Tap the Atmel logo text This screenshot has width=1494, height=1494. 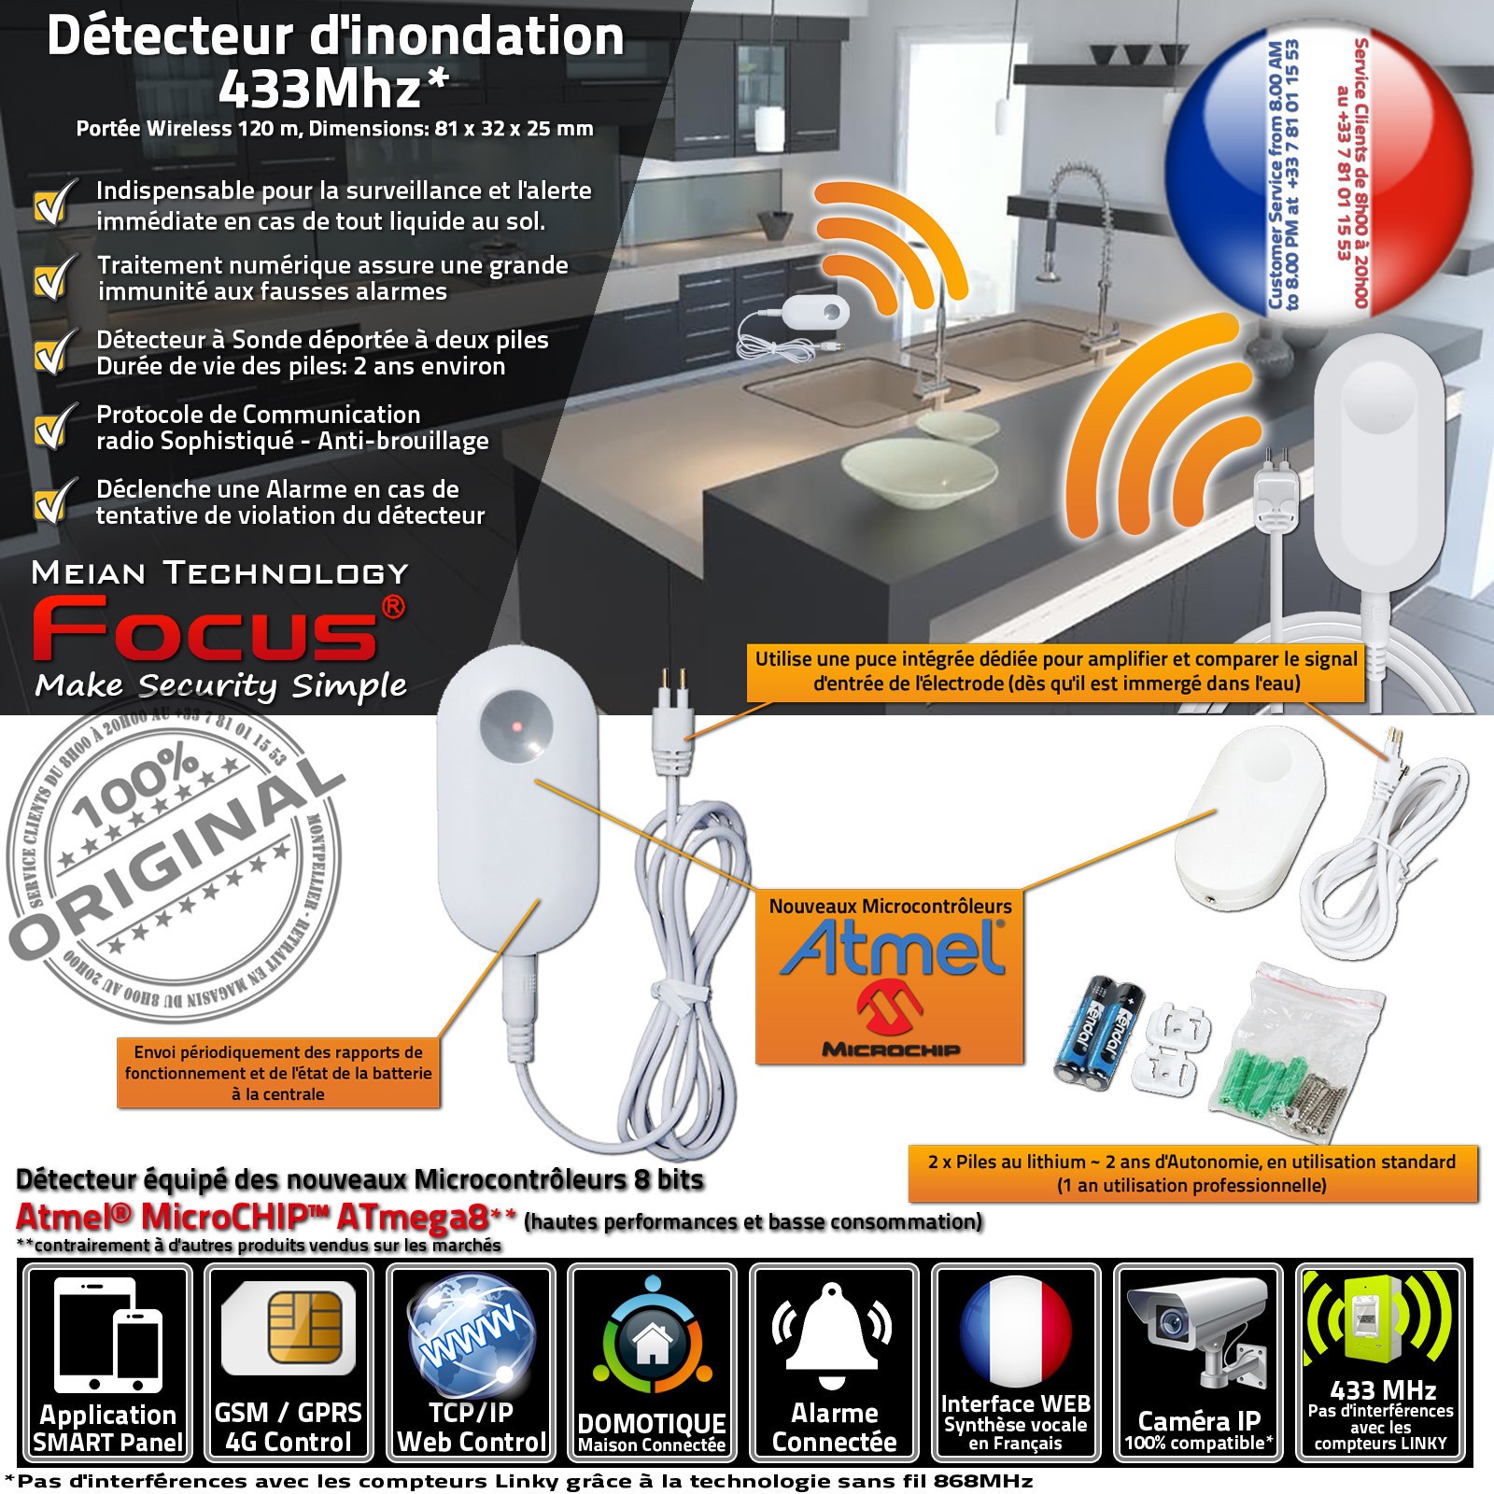pos(893,948)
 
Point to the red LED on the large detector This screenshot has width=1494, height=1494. pos(514,726)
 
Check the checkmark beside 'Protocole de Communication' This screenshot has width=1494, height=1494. pos(51,428)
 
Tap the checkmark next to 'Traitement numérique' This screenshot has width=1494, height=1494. pos(51,278)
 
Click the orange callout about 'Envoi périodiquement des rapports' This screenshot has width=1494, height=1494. pos(278,1073)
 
